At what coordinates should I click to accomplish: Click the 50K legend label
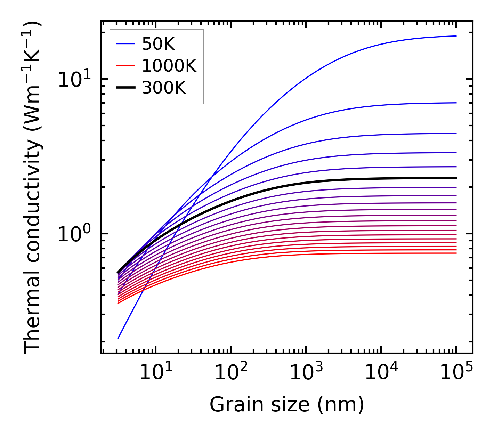[158, 44]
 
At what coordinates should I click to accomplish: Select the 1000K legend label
[169, 66]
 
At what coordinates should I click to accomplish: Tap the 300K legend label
[164, 88]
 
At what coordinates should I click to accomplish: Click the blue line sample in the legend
[125, 44]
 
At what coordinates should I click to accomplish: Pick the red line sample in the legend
[125, 66]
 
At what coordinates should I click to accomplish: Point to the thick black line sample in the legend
[125, 88]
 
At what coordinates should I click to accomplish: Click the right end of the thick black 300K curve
[456, 178]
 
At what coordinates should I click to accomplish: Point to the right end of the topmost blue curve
[456, 36]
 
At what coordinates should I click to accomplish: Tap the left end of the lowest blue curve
[118, 338]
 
